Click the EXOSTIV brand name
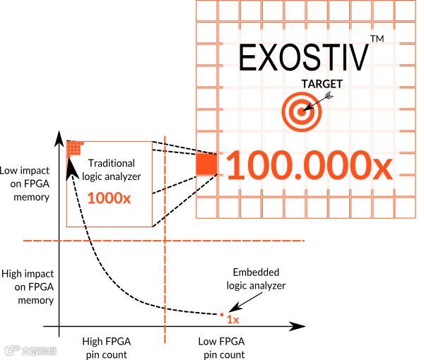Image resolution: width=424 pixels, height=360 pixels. click(x=303, y=58)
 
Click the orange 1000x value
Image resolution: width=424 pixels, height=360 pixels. click(x=109, y=198)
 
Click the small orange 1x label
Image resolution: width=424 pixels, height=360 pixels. click(x=232, y=320)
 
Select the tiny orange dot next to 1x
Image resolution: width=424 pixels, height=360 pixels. click(x=221, y=314)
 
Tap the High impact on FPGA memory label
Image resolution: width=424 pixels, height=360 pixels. click(x=27, y=287)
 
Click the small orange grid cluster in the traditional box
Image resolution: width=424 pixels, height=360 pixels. click(x=74, y=148)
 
